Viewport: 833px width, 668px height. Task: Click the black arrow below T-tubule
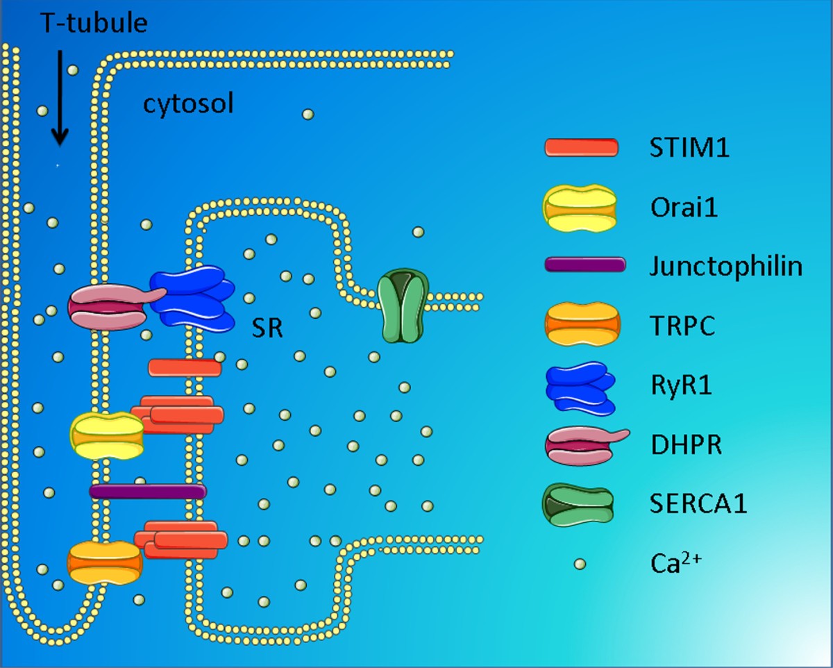coord(60,97)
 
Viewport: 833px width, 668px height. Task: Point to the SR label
coord(267,328)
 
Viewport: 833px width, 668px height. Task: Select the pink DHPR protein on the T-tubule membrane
coord(108,306)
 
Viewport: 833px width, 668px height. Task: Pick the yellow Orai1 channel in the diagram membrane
coord(107,436)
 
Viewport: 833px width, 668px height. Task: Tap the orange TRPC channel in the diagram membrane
coord(104,562)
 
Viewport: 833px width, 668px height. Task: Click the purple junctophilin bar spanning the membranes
coord(148,491)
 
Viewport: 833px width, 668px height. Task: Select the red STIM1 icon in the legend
coord(581,147)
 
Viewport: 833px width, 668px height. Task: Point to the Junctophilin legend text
coord(726,266)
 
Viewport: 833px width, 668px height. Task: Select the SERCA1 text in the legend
coord(698,503)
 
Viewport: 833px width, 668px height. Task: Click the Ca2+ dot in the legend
coord(580,563)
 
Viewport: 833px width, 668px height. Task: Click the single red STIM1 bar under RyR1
coord(185,367)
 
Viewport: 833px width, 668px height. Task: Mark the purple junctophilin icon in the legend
coord(585,265)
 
